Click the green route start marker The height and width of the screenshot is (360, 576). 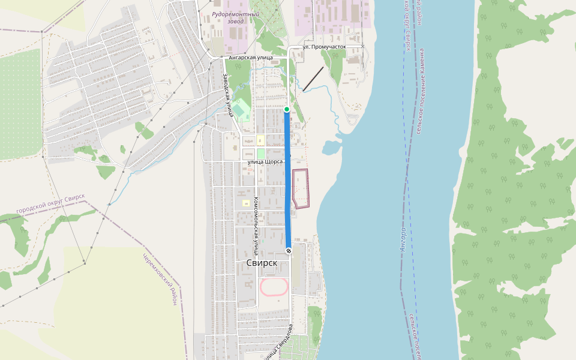(287, 109)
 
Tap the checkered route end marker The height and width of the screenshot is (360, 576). (289, 250)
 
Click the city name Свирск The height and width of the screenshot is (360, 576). (262, 263)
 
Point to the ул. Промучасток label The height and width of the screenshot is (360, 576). (325, 46)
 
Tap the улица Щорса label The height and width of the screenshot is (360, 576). (265, 162)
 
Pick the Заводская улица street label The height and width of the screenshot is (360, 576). (228, 95)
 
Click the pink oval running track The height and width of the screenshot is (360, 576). (274, 287)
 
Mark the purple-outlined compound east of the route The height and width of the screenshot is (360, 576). (300, 188)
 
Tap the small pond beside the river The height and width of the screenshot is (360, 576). (331, 147)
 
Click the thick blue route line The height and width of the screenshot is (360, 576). (288, 180)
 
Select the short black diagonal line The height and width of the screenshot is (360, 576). (313, 79)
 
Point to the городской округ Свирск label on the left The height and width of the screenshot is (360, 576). (51, 205)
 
